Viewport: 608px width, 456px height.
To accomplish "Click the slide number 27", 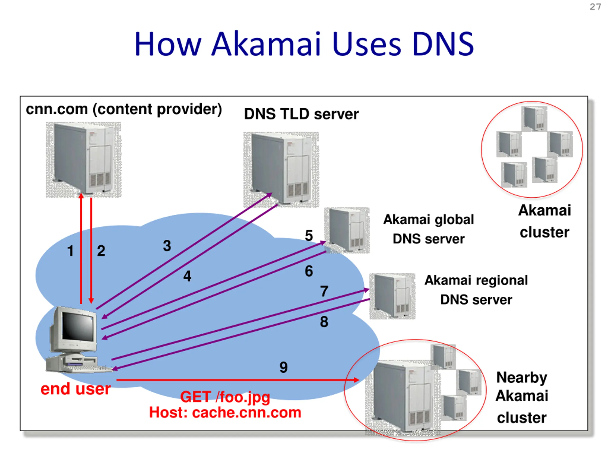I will coord(595,7).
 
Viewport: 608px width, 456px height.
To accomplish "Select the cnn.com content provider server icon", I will coord(83,159).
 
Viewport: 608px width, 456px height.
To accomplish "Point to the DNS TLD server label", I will coord(301,114).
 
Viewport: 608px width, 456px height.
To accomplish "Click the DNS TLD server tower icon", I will coord(281,169).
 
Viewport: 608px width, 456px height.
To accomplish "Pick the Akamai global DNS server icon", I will coord(347,230).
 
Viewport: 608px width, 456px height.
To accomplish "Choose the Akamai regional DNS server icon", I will coord(392,296).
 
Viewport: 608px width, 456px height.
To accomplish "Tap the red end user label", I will coord(76,389).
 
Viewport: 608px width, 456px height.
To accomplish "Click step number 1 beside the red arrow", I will coord(71,251).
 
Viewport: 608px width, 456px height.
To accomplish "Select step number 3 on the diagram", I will coord(167,245).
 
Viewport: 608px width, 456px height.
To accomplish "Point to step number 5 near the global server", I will coord(309,236).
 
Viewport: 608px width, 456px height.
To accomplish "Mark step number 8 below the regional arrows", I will coord(324,322).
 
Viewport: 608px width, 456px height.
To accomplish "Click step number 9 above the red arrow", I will coord(283,367).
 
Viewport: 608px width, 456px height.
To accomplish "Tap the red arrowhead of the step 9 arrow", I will coord(356,380).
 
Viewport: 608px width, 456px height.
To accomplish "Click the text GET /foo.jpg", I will coord(225,397).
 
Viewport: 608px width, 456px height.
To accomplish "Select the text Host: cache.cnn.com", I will coord(225,413).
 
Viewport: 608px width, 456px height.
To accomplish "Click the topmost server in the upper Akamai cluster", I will coord(534,119).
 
